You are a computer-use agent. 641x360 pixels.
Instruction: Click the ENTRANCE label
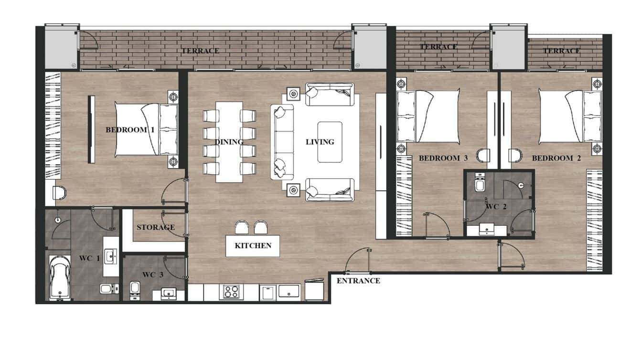pyautogui.click(x=358, y=281)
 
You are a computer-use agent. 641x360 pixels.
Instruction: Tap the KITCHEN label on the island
pyautogui.click(x=253, y=245)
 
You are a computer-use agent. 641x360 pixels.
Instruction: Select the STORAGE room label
pyautogui.click(x=156, y=227)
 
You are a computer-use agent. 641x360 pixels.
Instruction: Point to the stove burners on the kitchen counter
pyautogui.click(x=231, y=291)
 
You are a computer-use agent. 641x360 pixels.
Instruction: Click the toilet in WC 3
pyautogui.click(x=135, y=288)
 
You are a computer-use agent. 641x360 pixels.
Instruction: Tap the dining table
pyautogui.click(x=229, y=142)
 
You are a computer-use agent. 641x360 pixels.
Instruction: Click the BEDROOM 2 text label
pyautogui.click(x=556, y=158)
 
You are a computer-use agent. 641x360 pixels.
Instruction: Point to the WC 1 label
pyautogui.click(x=89, y=258)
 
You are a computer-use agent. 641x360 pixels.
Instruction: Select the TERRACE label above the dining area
pyautogui.click(x=200, y=51)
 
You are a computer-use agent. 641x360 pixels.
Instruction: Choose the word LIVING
pyautogui.click(x=320, y=142)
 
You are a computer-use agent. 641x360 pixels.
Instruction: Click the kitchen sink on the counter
pyautogui.click(x=289, y=291)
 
